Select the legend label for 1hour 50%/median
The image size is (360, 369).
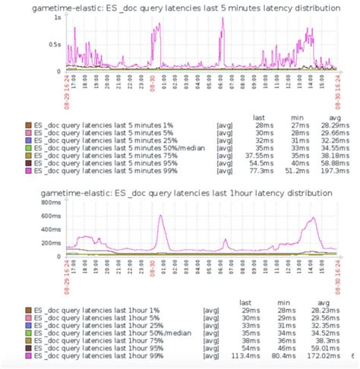[x=109, y=332]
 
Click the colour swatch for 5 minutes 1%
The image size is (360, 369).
[x=28, y=125]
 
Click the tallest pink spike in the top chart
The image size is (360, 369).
[x=223, y=19]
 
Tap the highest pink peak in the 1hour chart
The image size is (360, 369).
[x=160, y=216]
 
